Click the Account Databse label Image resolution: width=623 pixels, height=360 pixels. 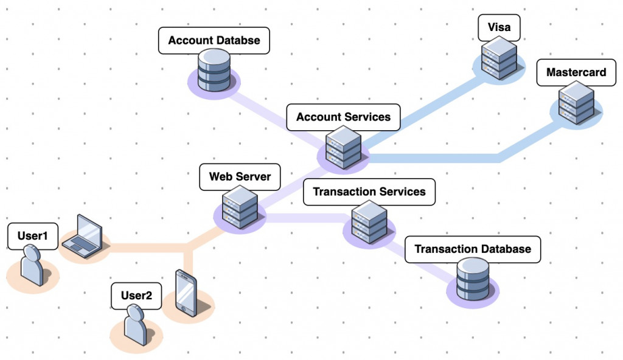214,41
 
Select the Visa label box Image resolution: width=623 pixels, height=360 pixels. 499,27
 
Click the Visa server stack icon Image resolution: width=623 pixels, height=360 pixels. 499,58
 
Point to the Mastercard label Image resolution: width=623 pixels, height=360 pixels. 576,72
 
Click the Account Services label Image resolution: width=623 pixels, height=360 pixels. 343,117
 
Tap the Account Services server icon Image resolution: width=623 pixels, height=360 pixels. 344,148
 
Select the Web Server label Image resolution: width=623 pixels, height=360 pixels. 240,177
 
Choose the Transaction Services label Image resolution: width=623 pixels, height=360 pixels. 369,192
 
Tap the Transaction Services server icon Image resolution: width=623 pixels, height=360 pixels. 369,222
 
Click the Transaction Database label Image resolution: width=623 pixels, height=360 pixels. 472,249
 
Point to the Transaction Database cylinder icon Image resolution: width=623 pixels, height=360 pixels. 473,279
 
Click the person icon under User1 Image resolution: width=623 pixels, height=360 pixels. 32,266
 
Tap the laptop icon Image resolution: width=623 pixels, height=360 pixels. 83,236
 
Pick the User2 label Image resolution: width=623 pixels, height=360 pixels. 136,296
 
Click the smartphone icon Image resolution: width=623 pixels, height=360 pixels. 186,292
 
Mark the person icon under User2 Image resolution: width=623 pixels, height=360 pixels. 136,325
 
